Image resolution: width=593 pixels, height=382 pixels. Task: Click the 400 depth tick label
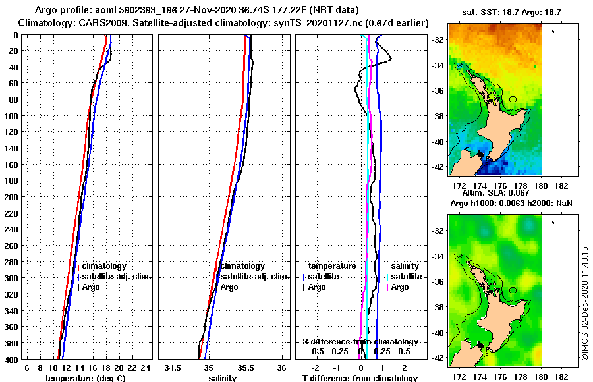coord(11,360)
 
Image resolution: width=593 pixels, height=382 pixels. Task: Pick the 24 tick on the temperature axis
coord(146,367)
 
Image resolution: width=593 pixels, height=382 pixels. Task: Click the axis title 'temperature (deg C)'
coord(86,378)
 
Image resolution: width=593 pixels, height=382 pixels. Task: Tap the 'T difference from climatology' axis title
coord(360,378)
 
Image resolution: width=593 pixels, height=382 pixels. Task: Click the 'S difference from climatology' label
coord(360,342)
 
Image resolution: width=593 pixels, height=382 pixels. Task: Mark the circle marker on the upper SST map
coord(513,99)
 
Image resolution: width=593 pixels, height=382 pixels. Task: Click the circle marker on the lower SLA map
coord(513,290)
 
